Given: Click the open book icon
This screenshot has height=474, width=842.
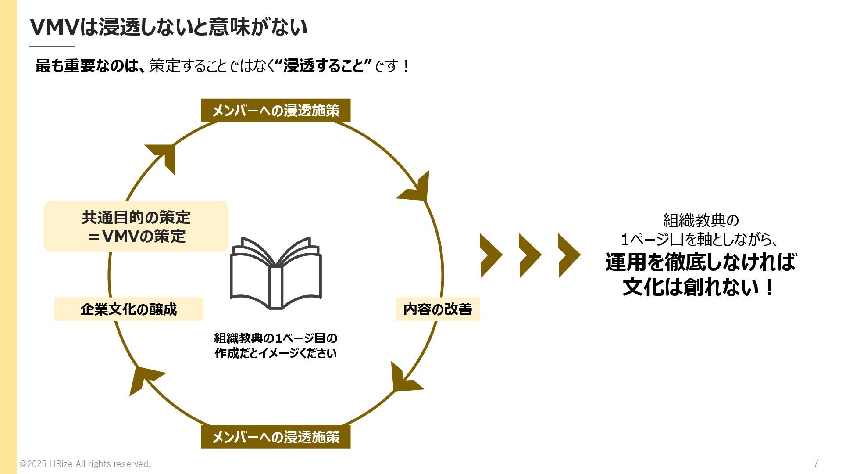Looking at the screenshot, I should pos(276,273).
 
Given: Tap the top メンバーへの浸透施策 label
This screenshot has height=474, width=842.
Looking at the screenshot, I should pos(275,110).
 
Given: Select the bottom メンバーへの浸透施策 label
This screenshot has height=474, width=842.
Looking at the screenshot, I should pos(275,437).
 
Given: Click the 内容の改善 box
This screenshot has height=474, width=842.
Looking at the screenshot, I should pos(438,309).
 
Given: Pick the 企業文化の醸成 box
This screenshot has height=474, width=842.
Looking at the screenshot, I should pos(128,309).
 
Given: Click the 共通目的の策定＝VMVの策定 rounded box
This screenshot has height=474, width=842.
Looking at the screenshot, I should pos(136,226).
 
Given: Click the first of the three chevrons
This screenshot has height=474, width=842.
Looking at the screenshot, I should pos(491,255).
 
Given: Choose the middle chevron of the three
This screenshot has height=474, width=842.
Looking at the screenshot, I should pos(529,255).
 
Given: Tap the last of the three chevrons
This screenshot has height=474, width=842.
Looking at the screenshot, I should pos(568,255).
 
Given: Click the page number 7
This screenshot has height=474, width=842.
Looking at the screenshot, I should pos(816,463).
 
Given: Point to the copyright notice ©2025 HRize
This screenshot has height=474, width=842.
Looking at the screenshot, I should pos(85,464).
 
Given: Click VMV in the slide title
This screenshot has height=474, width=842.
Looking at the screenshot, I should pos(54,27).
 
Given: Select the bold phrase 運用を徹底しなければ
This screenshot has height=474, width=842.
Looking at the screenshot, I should pos(700,262).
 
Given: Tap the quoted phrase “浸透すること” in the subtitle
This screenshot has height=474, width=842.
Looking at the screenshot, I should pos(324,66).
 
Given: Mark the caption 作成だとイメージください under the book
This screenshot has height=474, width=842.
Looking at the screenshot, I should pos(275,353).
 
